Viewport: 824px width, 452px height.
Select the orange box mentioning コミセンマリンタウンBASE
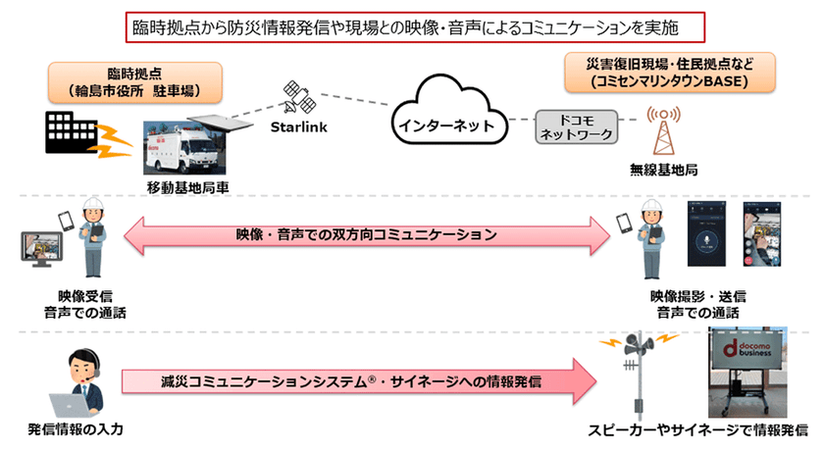click(669, 72)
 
